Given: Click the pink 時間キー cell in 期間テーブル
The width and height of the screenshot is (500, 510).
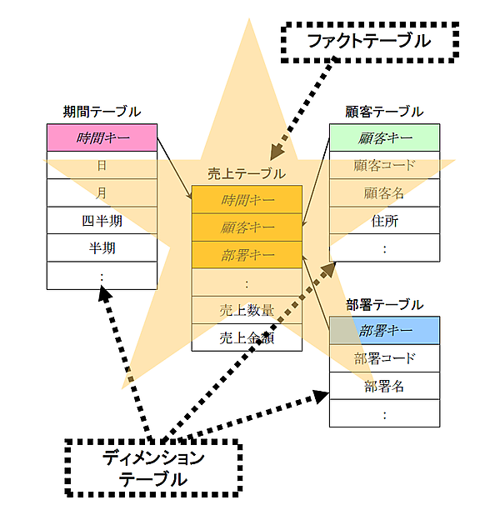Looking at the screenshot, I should pos(102,137).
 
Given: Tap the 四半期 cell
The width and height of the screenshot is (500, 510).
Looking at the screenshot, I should pos(102,220).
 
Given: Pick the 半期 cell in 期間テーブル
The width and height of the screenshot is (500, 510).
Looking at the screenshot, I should pos(102,247).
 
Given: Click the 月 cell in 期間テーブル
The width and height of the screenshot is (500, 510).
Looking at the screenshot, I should pos(102,192).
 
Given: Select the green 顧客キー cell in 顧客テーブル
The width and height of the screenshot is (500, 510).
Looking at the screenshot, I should pos(384,137).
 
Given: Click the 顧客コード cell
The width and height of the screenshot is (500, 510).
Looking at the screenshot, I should pos(384,165).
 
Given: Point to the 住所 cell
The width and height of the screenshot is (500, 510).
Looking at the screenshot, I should pos(384,220).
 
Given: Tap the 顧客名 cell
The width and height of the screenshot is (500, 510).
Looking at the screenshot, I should pos(384,192).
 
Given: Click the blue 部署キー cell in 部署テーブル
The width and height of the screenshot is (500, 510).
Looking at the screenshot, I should pos(384,331).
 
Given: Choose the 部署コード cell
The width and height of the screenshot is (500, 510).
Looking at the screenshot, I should pos(384,358).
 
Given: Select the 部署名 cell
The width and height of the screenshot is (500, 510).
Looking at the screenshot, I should pos(384,386).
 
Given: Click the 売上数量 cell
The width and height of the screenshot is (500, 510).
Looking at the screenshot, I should pos(247,309).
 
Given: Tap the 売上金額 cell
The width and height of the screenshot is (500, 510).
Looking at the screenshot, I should pos(247,337).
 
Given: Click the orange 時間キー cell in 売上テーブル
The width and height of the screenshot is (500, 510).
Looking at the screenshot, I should pos(247,199).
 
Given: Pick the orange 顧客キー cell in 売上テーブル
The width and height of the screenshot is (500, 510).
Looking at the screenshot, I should pos(247,227).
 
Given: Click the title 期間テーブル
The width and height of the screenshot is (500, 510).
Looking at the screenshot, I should pos(102,112).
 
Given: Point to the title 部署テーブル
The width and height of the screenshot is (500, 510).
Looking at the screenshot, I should pos(384,305).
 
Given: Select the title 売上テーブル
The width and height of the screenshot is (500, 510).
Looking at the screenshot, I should pos(247,173).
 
